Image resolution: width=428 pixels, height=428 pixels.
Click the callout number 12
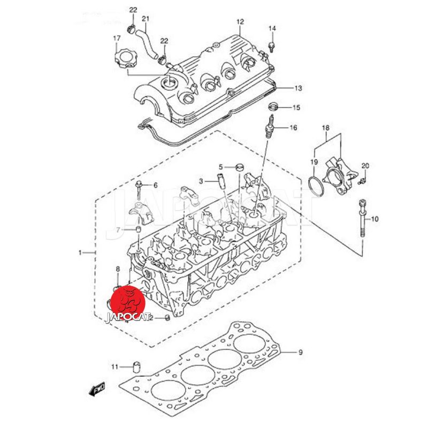coord(240,22)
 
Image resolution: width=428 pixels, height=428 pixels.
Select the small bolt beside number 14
coord(272,47)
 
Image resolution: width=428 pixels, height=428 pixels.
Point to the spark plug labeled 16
coord(270,125)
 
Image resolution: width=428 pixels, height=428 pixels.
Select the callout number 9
coord(300,352)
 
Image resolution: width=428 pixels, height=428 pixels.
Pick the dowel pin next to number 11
coord(136,368)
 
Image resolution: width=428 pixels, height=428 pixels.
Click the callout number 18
coord(325,128)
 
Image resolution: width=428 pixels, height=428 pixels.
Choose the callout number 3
coord(201,181)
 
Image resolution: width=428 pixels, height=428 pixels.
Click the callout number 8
coord(118,269)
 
